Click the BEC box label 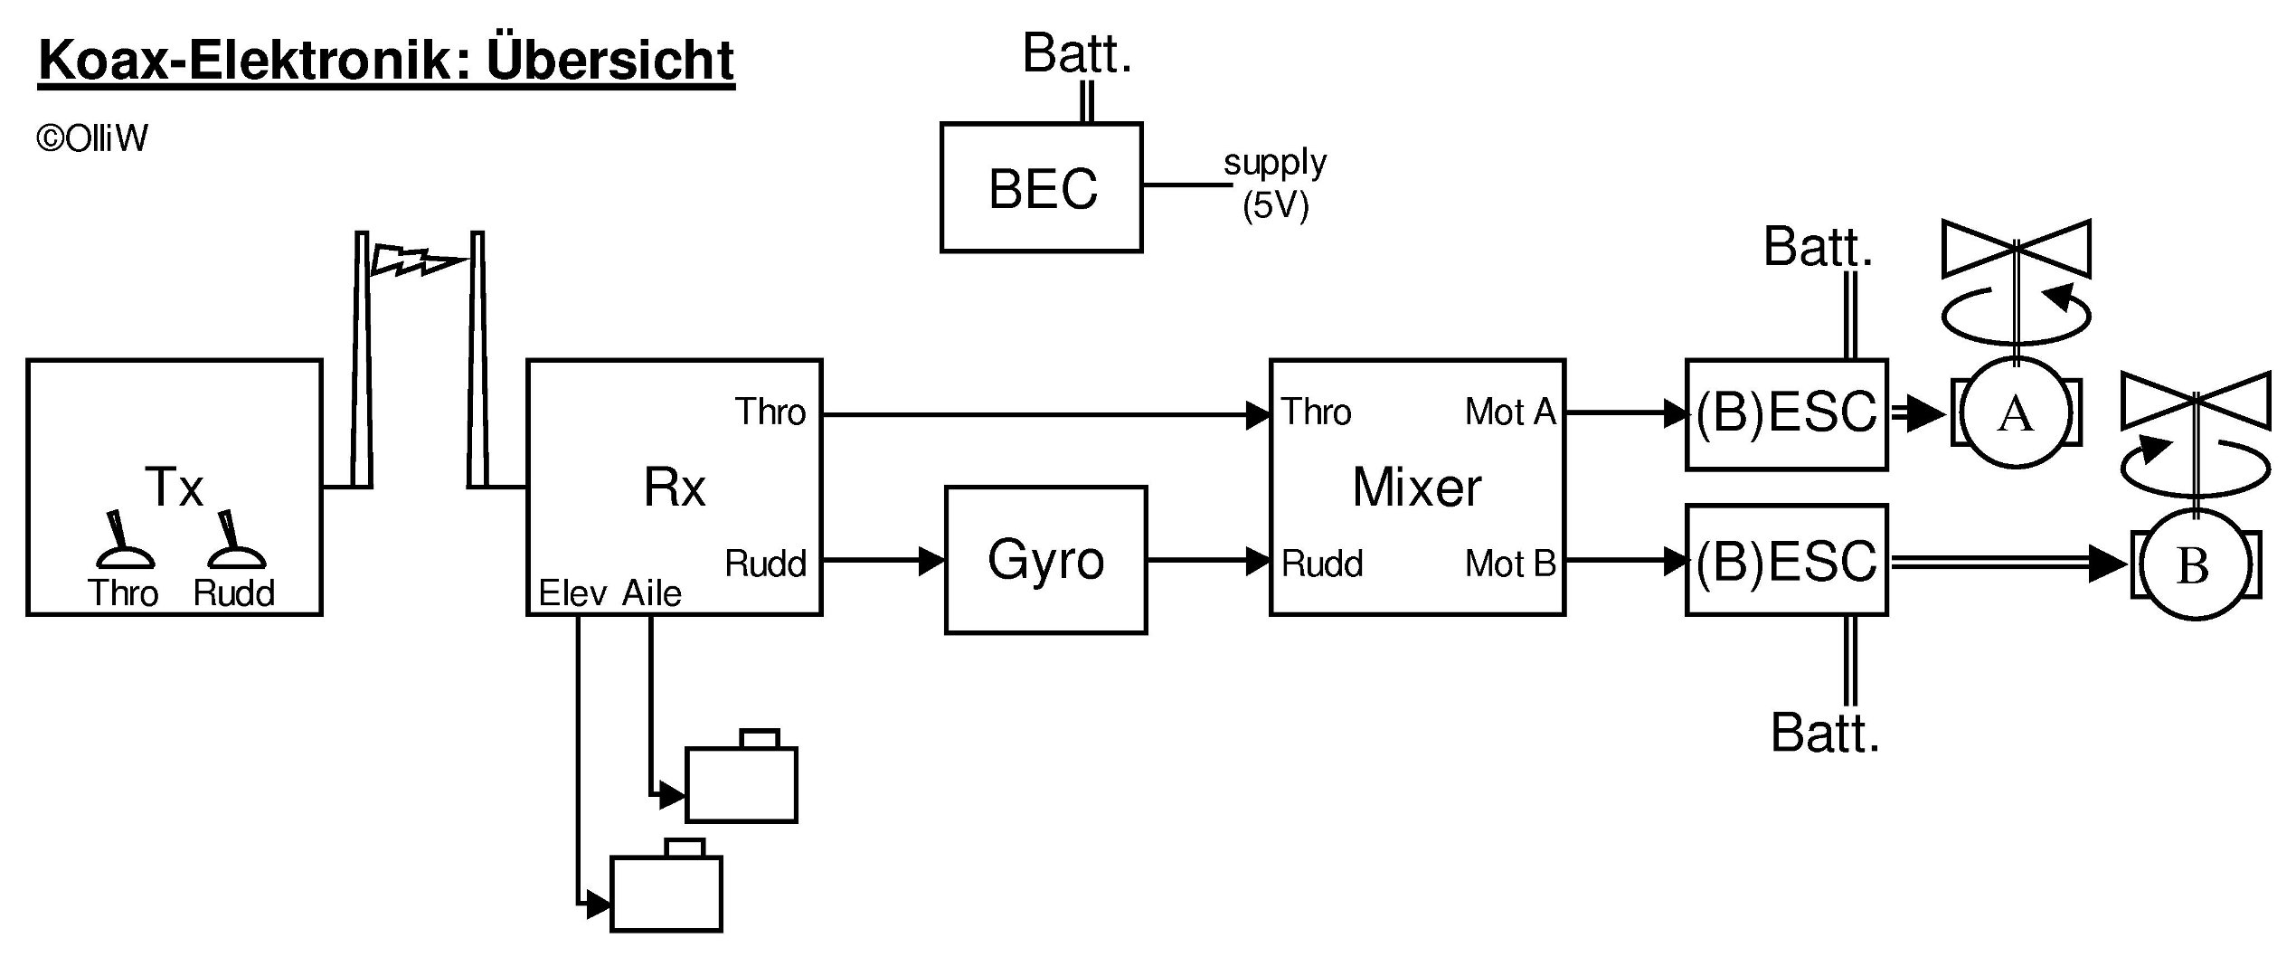[x=1043, y=189]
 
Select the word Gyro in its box [x=1045, y=559]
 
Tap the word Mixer [x=1417, y=488]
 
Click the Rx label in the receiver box [x=675, y=488]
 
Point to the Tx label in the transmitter [x=175, y=488]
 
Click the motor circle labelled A [x=2016, y=413]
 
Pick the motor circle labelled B [x=2192, y=565]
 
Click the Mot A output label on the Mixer [x=1510, y=412]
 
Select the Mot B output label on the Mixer [x=1510, y=564]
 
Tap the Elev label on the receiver [x=572, y=593]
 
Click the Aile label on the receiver [x=652, y=593]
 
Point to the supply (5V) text [x=1275, y=185]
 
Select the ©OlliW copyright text [x=91, y=138]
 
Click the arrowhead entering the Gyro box [x=931, y=561]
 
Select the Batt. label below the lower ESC [x=1825, y=733]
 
